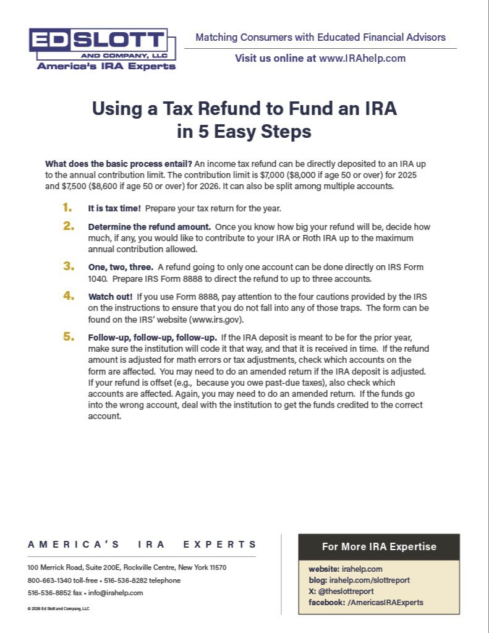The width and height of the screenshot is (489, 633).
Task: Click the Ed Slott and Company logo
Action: [102, 48]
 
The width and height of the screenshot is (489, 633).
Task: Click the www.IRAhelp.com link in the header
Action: [362, 59]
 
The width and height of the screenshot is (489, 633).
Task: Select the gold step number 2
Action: [68, 226]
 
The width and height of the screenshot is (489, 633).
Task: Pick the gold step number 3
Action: [68, 266]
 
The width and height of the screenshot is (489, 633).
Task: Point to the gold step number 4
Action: [68, 296]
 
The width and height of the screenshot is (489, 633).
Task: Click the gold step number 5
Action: [68, 337]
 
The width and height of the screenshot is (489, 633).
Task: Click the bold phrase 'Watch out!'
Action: [110, 297]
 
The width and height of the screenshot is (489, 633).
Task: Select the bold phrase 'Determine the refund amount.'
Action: [149, 227]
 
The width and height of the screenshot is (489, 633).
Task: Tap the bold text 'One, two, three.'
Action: [121, 267]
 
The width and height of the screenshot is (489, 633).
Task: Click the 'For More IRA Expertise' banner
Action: [379, 546]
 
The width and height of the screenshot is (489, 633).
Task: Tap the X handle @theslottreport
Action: [346, 591]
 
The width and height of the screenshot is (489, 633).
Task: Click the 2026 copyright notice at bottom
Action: [59, 608]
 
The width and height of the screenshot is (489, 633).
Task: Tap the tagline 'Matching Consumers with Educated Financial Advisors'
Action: [320, 37]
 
